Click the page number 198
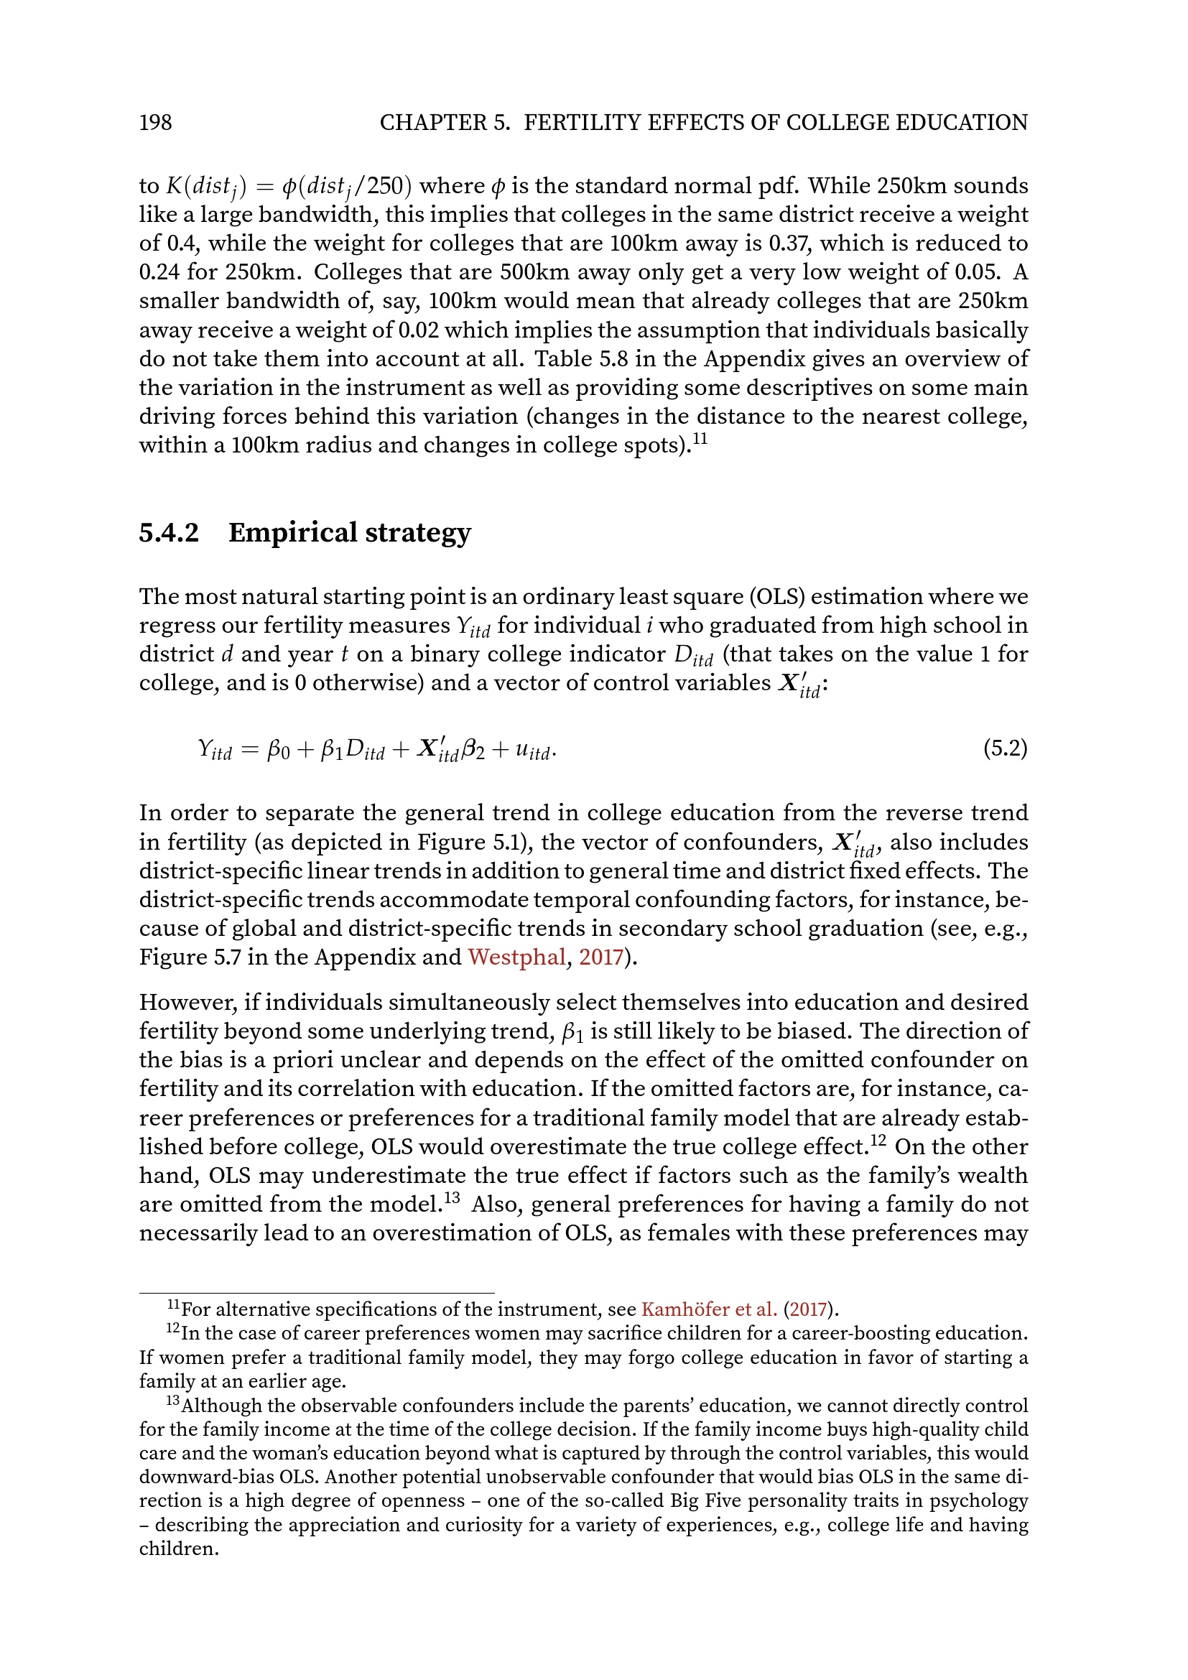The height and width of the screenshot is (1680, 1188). click(x=155, y=122)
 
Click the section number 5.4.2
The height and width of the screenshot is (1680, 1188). click(x=169, y=533)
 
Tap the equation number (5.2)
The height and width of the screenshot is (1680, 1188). click(x=1005, y=748)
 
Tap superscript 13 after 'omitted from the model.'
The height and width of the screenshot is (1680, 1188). click(x=452, y=1198)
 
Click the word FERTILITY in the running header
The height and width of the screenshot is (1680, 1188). click(x=580, y=122)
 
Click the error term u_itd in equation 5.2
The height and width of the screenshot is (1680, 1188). click(x=532, y=751)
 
